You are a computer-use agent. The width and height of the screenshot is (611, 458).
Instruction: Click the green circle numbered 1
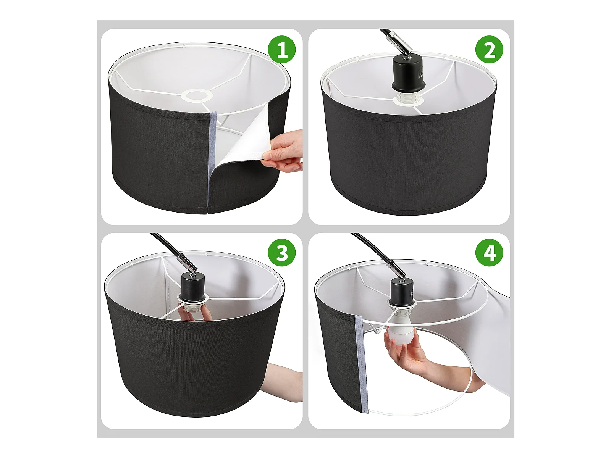[282, 50]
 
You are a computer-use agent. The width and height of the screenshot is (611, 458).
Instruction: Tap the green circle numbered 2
[489, 50]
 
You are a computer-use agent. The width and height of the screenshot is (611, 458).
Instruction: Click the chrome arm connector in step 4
[394, 267]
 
